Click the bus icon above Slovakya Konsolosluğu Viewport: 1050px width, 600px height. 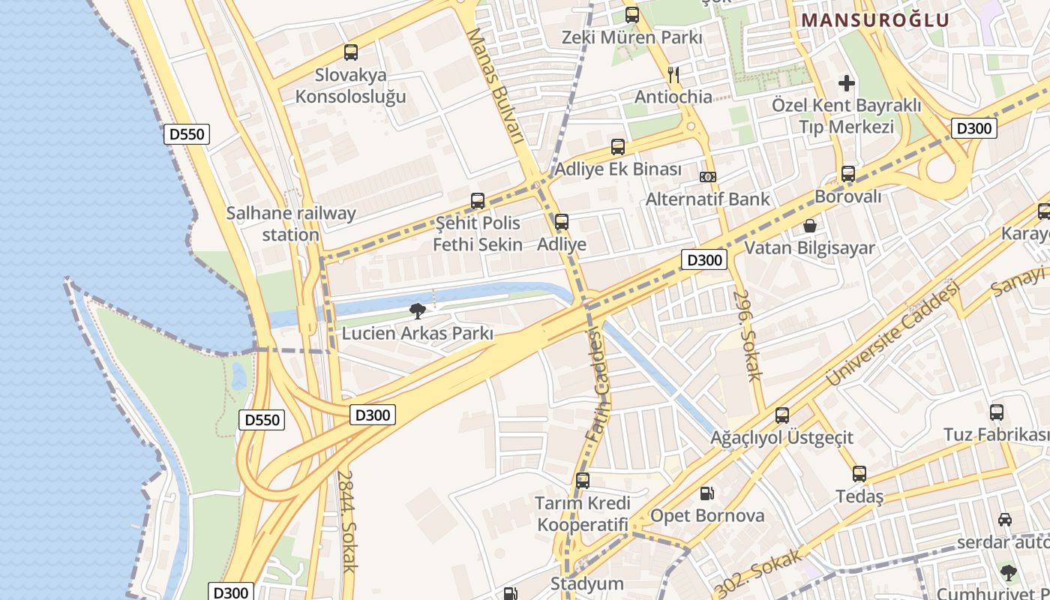coord(350,52)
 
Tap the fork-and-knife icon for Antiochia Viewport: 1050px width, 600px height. coord(673,73)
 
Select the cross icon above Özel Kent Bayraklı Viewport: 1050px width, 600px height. coord(847,82)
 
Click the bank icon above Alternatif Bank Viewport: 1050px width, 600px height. coord(707,177)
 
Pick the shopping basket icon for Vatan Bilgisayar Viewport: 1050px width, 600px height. coord(810,225)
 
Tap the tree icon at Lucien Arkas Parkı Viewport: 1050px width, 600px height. coord(418,310)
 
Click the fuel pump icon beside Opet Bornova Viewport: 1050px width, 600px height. coord(706,493)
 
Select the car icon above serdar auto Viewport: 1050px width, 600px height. coord(1004,519)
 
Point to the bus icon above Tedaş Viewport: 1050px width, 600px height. coord(859,474)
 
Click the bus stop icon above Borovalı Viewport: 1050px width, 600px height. coord(847,174)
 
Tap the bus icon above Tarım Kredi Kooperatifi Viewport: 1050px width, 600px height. coord(583,481)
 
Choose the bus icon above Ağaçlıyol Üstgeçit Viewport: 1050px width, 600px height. coord(782,415)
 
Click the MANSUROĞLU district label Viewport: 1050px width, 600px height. coord(875,20)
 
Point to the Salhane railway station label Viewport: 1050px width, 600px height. coord(291,223)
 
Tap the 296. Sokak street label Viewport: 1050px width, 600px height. coord(748,334)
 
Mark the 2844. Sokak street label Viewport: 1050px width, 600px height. coord(346,521)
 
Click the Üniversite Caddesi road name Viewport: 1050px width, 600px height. coord(892,334)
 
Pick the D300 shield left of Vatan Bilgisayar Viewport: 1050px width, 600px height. coord(705,260)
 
